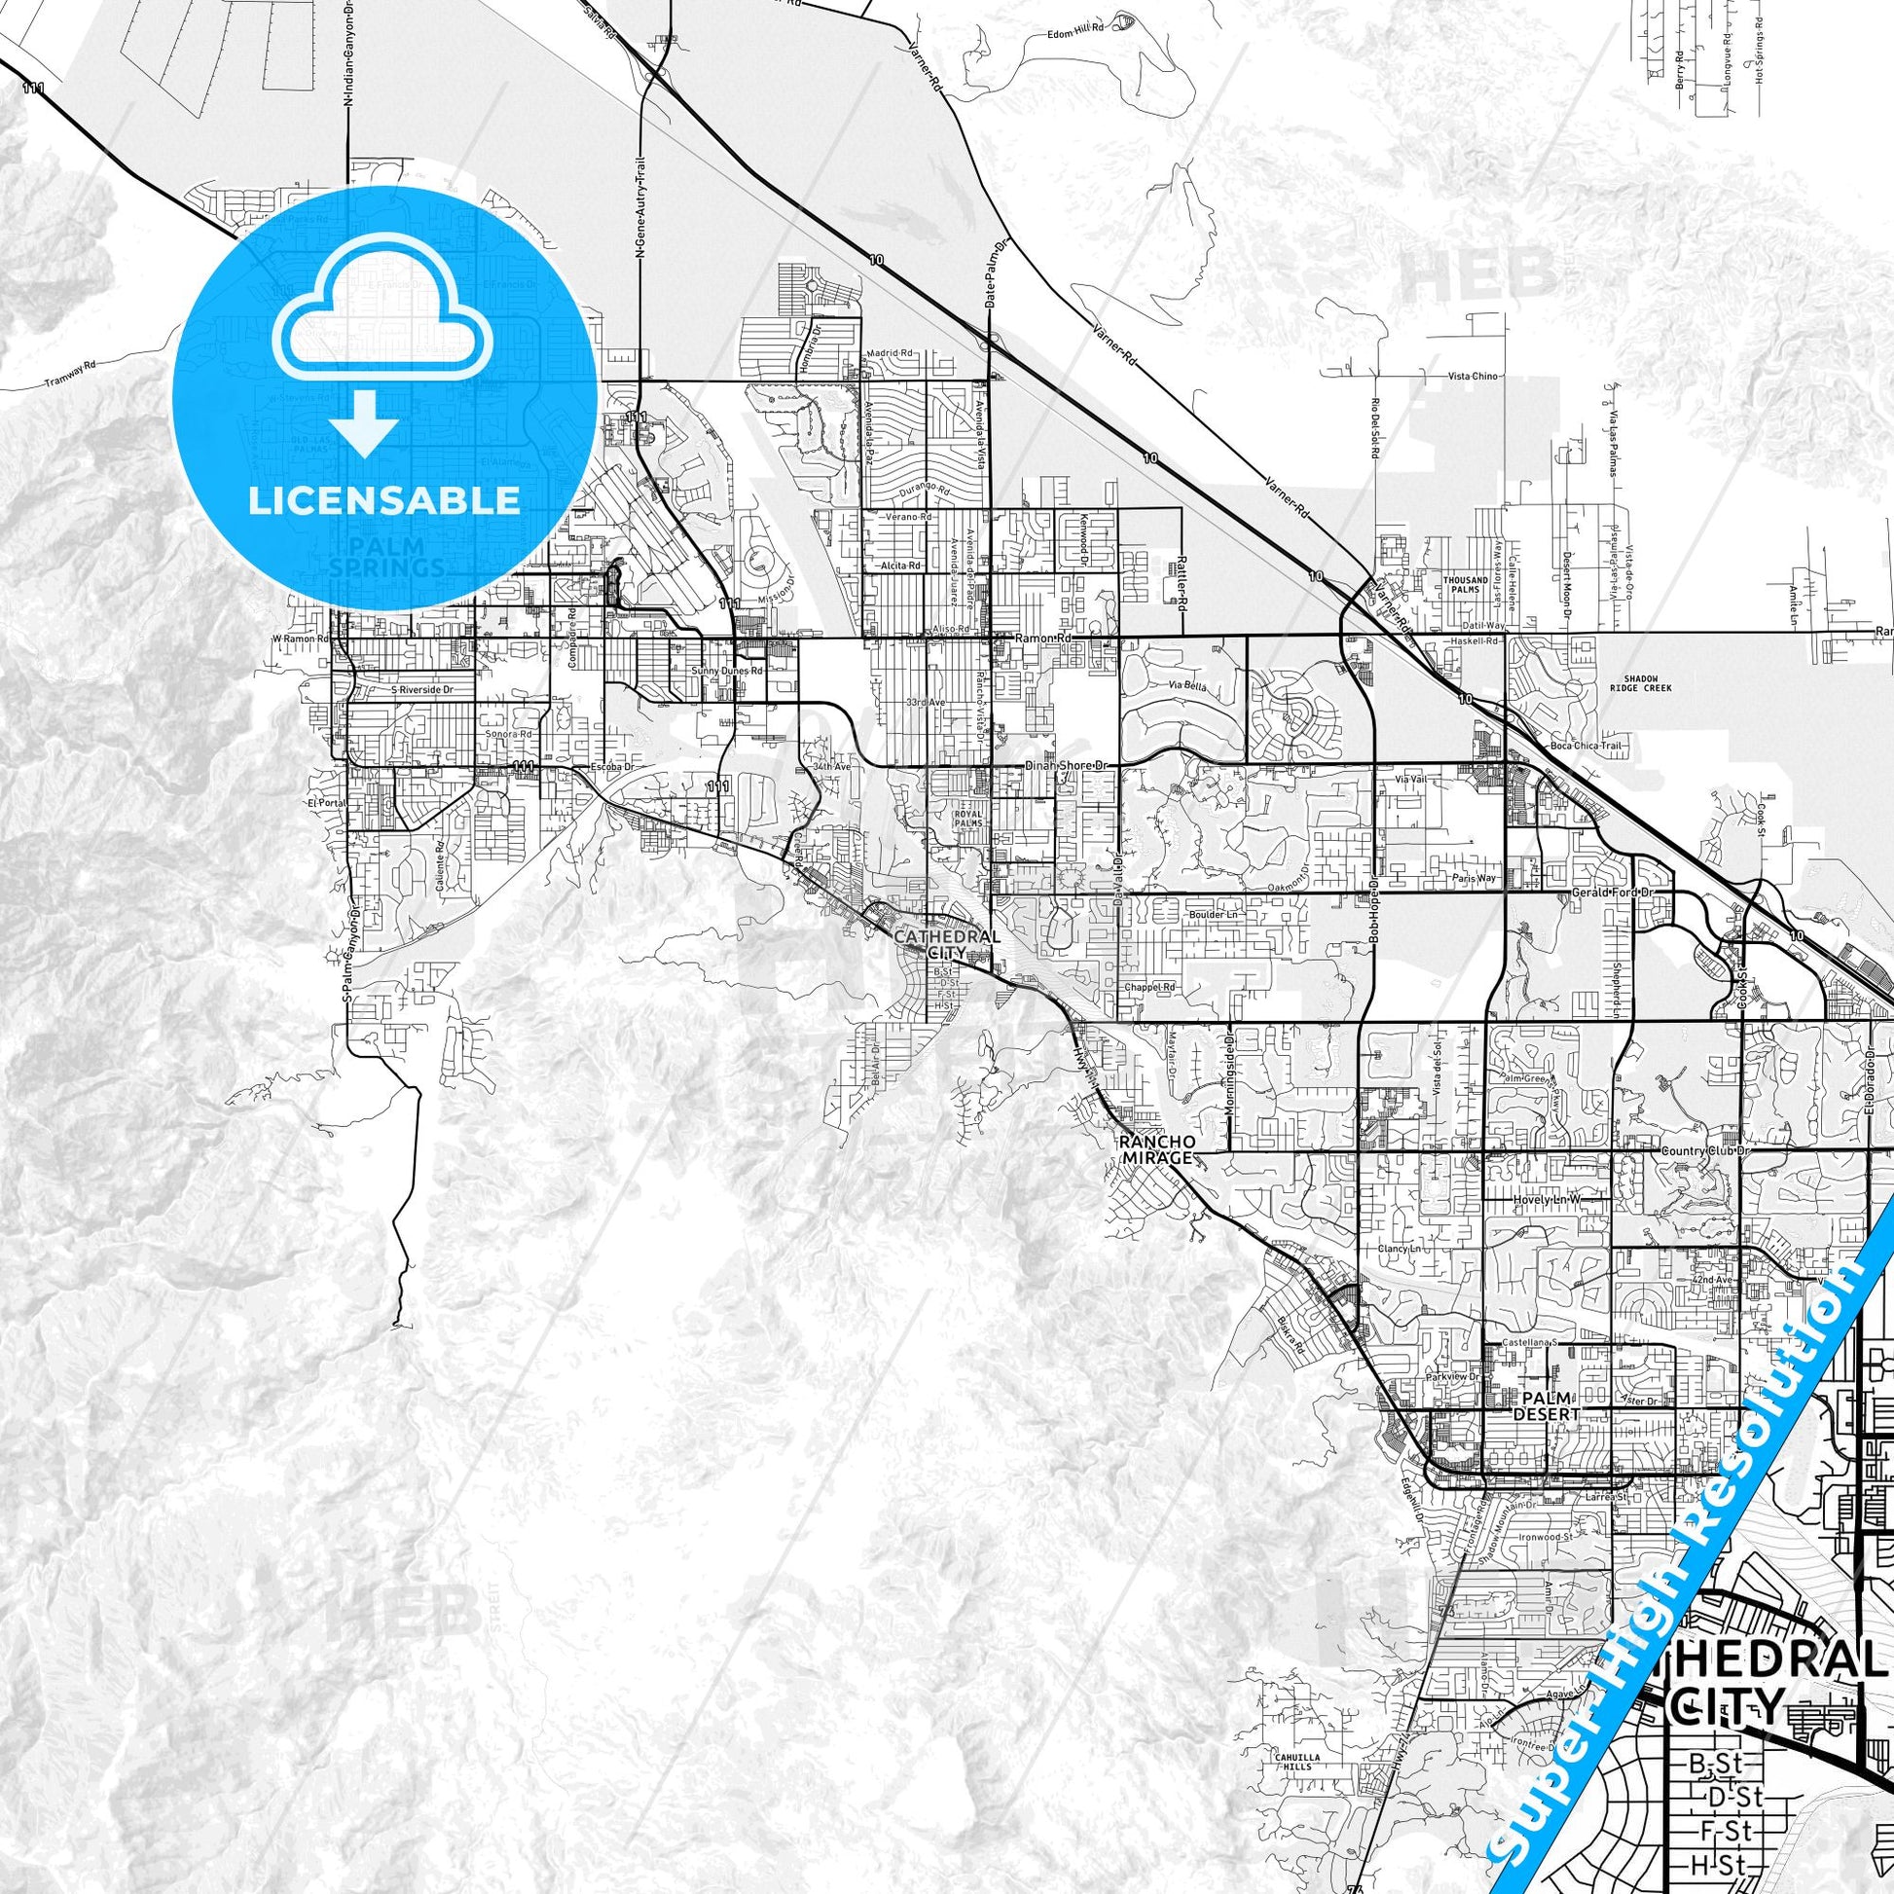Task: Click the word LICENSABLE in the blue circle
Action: pos(383,500)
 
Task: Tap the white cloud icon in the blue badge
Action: pos(383,308)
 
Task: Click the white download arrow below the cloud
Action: pos(364,422)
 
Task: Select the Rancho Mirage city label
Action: pos(1158,1148)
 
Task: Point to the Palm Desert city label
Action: pos(1546,1405)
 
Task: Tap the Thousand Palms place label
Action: pos(1466,584)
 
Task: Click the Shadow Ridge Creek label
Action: pos(1639,683)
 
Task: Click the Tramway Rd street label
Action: pos(72,374)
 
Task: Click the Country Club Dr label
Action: pos(1705,1151)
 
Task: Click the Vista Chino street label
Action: pos(1473,377)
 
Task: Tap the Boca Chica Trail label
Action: pos(1585,747)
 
